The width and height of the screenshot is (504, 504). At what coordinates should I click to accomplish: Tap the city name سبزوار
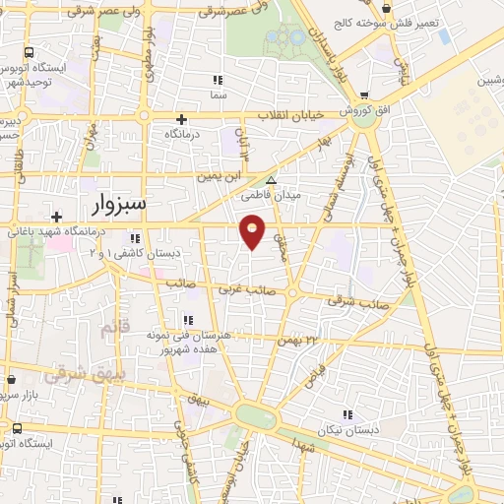click(107, 204)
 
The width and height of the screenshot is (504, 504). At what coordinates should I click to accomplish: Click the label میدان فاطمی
click(272, 195)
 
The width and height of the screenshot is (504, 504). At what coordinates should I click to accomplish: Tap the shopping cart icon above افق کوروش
click(365, 94)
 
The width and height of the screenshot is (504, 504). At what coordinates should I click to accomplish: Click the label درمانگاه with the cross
click(183, 132)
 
